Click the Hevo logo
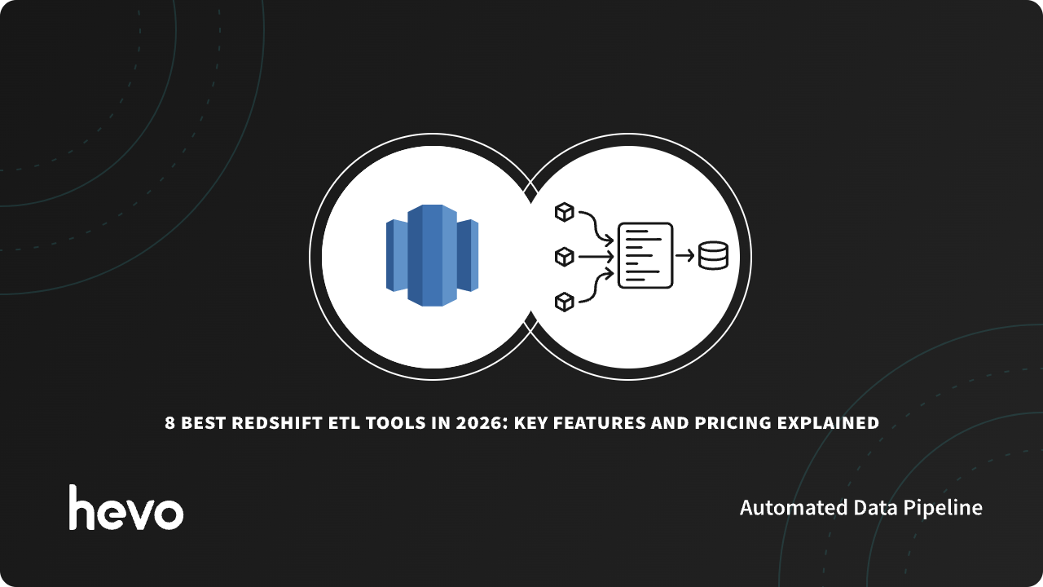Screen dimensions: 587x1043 tap(126, 508)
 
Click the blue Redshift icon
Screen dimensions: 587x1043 tap(432, 255)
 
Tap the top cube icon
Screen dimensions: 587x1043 tap(564, 213)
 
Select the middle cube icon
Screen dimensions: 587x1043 tap(564, 257)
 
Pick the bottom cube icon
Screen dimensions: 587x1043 tap(564, 302)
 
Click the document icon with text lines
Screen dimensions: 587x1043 tap(645, 255)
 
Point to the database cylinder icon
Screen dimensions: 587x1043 tap(713, 256)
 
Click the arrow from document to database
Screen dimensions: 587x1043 tap(685, 256)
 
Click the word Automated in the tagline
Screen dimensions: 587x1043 tap(793, 508)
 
